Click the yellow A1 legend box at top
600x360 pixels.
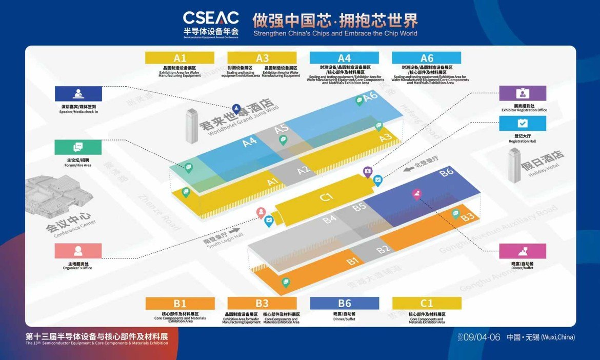(179, 58)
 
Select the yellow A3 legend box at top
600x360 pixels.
(262, 58)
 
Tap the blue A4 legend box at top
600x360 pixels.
(344, 58)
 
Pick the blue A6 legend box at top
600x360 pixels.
(427, 58)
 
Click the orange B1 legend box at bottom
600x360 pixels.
(179, 304)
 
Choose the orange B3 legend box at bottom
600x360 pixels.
(262, 304)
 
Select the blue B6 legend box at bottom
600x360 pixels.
(344, 304)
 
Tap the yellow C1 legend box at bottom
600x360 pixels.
(427, 304)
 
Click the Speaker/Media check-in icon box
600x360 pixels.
(78, 94)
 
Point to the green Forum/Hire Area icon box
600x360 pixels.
(78, 148)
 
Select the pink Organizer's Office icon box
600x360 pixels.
(78, 251)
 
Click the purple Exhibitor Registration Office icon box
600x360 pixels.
(523, 93)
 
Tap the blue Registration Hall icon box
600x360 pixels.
(523, 124)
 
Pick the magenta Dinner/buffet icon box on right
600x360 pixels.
(523, 251)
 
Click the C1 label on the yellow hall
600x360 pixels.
(327, 196)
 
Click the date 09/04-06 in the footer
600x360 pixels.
(482, 337)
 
